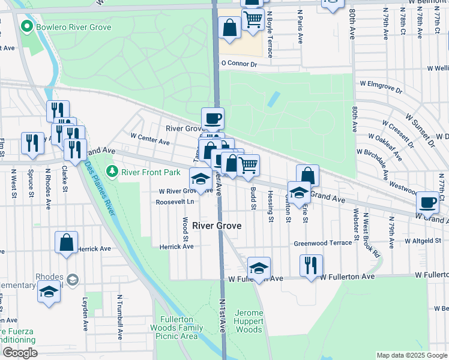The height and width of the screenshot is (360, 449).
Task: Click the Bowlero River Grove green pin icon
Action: [x=26, y=27]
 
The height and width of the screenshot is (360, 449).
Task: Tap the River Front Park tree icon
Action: [x=112, y=172]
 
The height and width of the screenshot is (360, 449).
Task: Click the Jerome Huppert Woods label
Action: [x=248, y=321]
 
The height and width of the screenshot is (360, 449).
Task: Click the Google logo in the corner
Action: [x=19, y=353]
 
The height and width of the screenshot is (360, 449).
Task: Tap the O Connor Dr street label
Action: [x=238, y=63]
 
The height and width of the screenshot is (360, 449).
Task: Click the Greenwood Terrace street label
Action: [x=322, y=244]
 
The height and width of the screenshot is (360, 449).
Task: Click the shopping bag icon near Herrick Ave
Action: [x=67, y=243]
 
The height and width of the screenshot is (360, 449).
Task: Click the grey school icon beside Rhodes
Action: [x=73, y=280]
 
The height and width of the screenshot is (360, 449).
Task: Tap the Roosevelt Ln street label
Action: [x=175, y=202]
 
